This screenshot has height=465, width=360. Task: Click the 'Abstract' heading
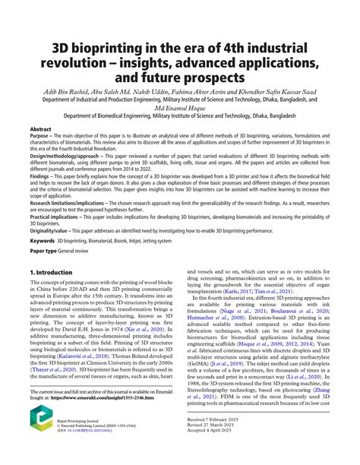[40, 130]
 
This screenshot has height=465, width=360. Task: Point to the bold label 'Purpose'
[42, 138]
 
